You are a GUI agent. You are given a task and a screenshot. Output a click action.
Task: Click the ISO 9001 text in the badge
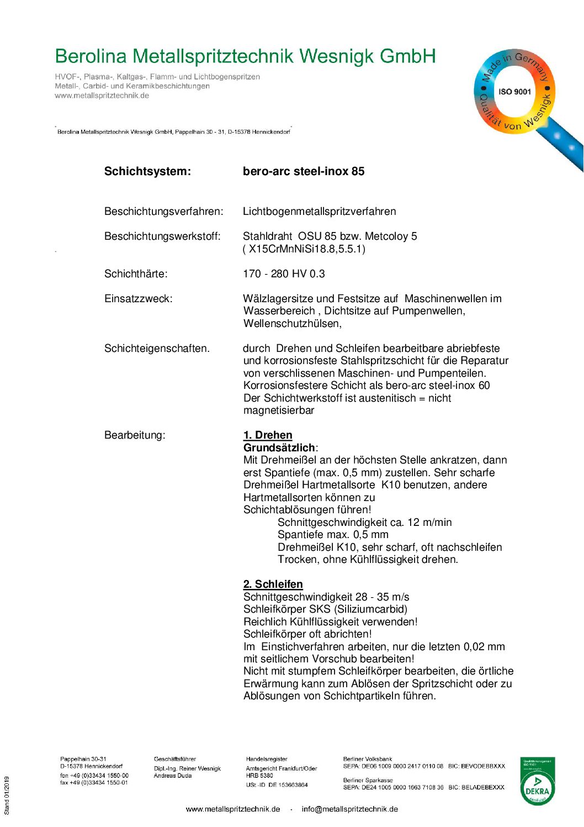tap(514, 92)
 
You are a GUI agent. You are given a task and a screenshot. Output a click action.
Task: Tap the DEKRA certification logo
tap(537, 781)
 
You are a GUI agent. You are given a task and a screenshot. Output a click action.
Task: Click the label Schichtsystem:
tap(147, 171)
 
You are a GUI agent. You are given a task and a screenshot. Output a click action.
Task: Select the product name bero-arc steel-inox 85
tap(304, 171)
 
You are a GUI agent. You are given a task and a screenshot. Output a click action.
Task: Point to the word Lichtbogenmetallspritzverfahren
tap(319, 212)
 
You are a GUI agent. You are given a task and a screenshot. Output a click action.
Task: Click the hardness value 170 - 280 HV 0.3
tap(284, 274)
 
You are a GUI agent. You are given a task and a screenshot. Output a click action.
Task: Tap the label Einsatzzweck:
tap(138, 299)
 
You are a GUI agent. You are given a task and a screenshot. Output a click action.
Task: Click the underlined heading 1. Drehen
tap(268, 435)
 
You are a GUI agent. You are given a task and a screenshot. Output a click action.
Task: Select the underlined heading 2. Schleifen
tap(273, 584)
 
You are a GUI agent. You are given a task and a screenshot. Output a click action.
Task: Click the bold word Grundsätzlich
tap(279, 447)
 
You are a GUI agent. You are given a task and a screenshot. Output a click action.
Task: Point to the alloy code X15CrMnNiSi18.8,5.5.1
tap(304, 249)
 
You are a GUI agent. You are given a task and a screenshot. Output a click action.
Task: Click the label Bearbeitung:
tap(135, 435)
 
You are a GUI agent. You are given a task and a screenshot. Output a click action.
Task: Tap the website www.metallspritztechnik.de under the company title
tap(102, 96)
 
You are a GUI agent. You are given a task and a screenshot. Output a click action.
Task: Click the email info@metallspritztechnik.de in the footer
tap(349, 809)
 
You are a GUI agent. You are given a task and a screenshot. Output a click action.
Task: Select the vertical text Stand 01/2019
tap(7, 796)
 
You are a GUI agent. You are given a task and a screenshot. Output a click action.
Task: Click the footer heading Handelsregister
tap(267, 759)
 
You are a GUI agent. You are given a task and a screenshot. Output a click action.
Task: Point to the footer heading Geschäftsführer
tap(174, 759)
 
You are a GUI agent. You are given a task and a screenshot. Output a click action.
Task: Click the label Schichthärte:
tap(136, 274)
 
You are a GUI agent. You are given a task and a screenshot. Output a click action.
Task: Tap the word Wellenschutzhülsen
tap(292, 324)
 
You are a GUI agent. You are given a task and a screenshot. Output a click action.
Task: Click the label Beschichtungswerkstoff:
tap(162, 236)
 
